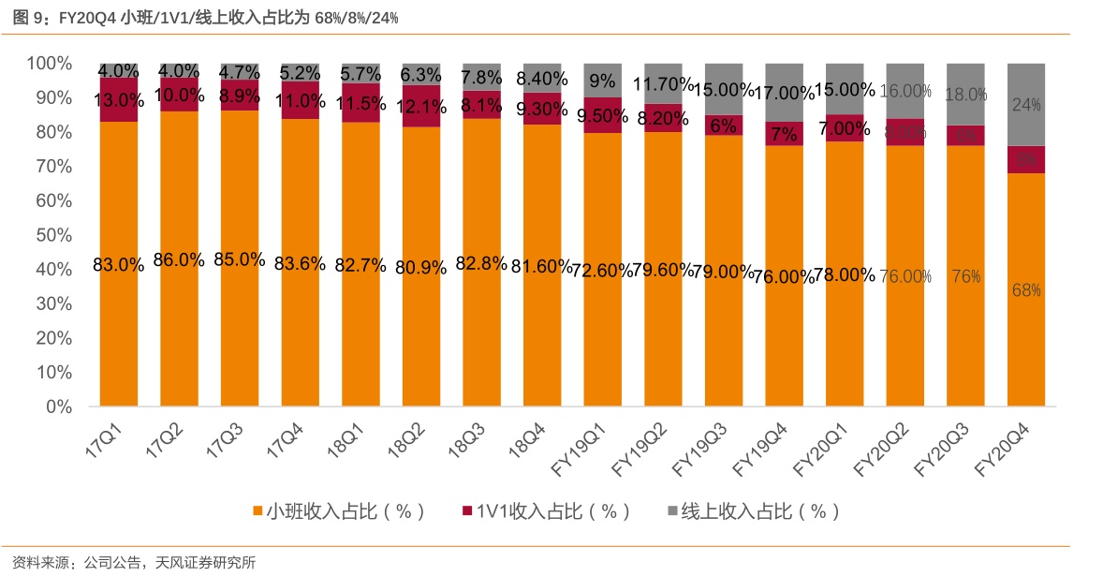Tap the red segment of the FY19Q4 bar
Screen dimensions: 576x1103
784,134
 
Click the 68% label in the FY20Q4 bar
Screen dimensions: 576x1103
1026,290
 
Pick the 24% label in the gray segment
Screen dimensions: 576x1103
1026,106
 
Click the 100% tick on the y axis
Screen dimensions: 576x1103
50,64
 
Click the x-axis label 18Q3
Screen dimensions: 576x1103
465,438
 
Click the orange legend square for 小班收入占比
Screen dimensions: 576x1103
257,511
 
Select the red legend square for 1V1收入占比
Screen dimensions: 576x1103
467,511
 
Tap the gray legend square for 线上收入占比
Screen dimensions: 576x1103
671,511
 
